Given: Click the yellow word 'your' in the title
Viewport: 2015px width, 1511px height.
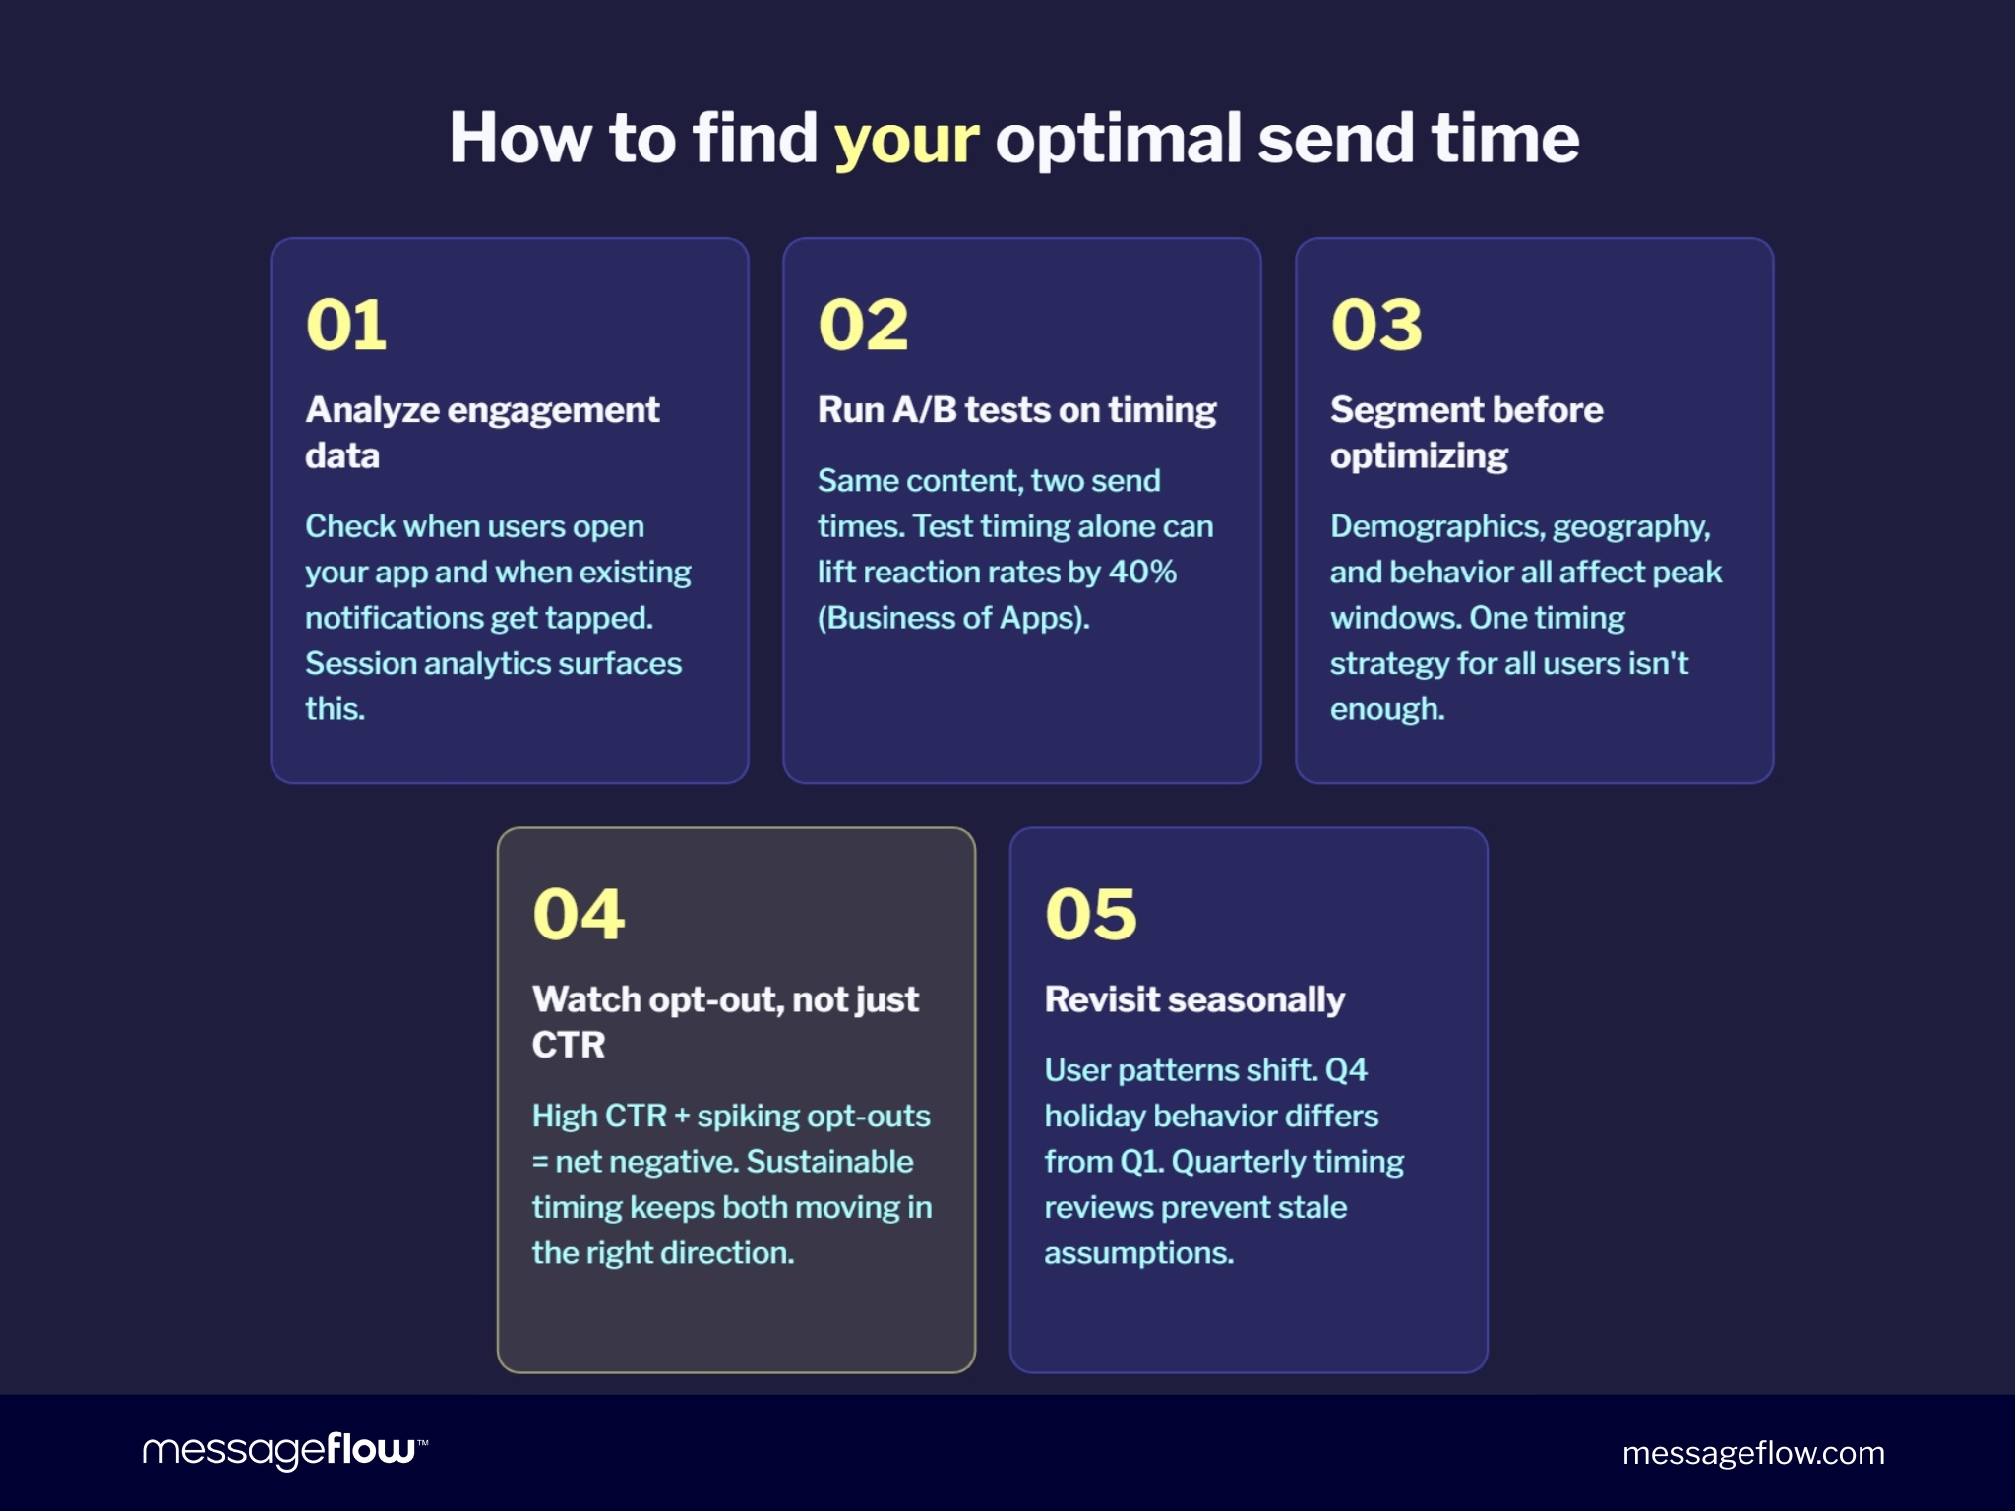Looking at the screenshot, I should [x=905, y=139].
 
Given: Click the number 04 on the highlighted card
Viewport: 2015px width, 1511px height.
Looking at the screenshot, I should [x=579, y=914].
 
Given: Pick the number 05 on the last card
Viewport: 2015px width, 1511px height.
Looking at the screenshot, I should [x=1090, y=914].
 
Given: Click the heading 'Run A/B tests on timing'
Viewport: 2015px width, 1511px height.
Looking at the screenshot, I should [x=1016, y=409].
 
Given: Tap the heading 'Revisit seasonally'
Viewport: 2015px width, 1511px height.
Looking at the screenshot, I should [x=1193, y=999].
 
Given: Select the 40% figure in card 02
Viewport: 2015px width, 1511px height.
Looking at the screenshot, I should [x=1142, y=573].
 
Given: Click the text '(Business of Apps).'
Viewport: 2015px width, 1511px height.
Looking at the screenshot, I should [x=953, y=618].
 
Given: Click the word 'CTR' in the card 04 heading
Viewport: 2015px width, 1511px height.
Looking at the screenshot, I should [x=569, y=1045].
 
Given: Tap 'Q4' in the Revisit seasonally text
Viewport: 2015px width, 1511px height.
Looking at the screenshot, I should [x=1346, y=1070].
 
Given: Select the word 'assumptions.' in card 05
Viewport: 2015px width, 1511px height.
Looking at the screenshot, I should [x=1138, y=1253].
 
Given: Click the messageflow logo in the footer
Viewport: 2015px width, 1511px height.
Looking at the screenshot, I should [x=284, y=1451].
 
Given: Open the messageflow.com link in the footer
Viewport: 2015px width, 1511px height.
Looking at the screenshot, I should [x=1752, y=1453].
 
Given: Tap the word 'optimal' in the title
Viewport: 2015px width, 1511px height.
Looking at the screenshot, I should [x=1119, y=139].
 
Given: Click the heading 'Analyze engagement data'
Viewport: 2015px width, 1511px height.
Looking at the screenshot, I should [x=481, y=432].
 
